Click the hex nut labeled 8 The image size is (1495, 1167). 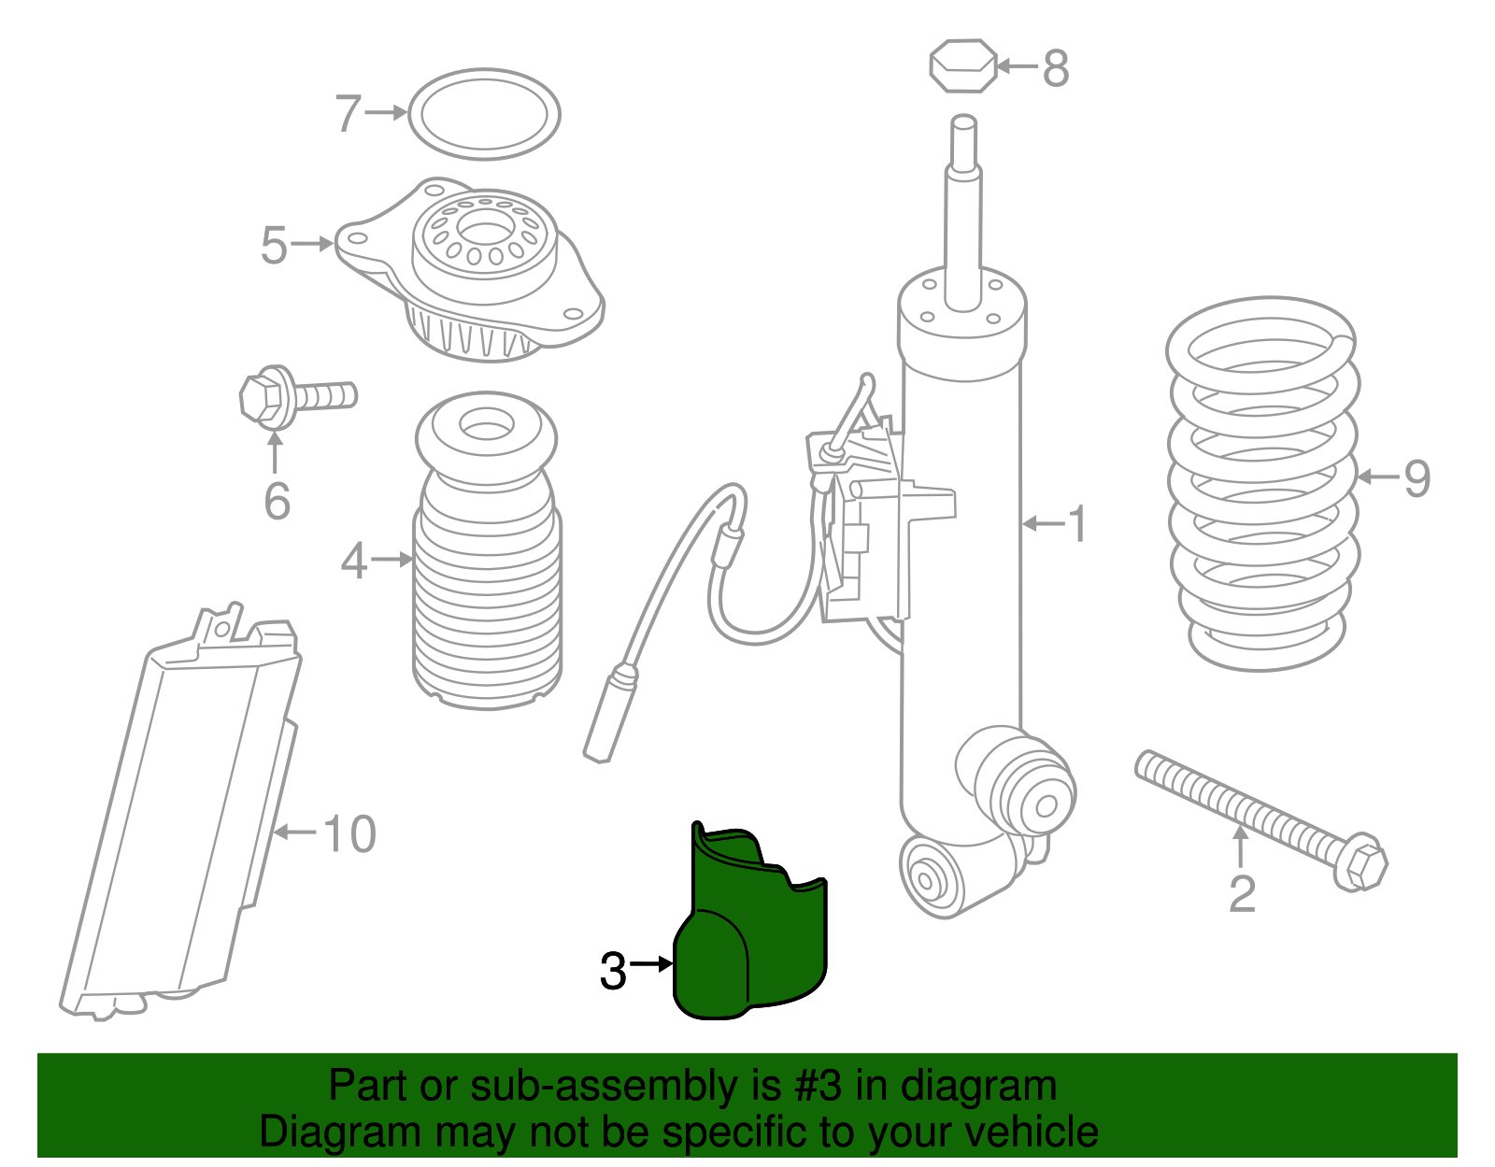(962, 66)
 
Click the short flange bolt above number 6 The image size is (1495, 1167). (297, 397)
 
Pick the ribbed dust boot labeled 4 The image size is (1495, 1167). (487, 551)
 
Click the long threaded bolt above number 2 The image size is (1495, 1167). (1261, 820)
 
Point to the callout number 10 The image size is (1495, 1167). (349, 833)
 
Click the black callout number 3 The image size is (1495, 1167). (613, 971)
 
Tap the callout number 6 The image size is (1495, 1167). (277, 502)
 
